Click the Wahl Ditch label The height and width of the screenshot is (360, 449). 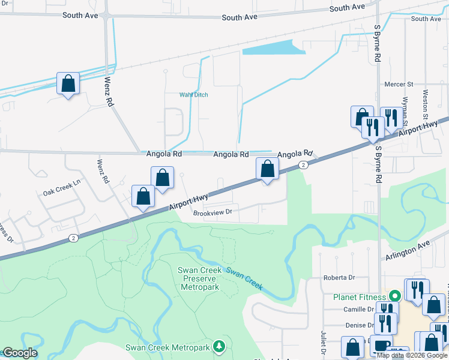pos(194,95)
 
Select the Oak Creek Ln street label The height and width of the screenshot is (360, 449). pos(61,192)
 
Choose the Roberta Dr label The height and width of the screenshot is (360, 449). pos(339,278)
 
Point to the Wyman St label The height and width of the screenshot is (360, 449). pos(406,108)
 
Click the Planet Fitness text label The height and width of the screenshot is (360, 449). pos(358,296)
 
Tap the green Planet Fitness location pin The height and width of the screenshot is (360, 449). pos(394,296)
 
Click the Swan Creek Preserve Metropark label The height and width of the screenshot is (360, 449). pos(200,278)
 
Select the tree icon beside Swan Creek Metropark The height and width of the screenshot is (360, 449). pos(220,347)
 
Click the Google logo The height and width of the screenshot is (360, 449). pos(19,353)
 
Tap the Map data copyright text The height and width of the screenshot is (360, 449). pos(412,355)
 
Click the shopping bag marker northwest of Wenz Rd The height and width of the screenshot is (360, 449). pos(68,83)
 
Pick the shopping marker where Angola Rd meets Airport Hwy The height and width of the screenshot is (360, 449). pos(268,169)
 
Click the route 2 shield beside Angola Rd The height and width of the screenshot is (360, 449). pos(304,165)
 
